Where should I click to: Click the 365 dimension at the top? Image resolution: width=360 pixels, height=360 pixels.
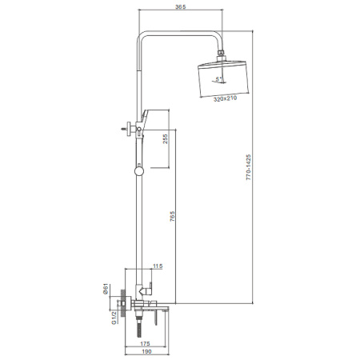[180, 7]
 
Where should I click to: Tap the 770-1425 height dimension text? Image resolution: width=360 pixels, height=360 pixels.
[248, 167]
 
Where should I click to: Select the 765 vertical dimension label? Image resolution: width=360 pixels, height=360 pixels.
[172, 217]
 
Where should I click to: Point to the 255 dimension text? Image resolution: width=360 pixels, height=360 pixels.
[166, 139]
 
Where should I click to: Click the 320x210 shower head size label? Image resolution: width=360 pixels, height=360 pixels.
[225, 99]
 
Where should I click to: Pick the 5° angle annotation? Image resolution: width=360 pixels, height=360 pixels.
[218, 79]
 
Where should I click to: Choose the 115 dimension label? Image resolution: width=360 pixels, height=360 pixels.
[158, 266]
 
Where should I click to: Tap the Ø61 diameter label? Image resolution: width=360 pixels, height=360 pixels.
[106, 289]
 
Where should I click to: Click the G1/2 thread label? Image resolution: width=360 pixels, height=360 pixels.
[114, 318]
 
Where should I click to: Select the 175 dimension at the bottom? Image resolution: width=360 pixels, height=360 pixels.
[145, 344]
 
